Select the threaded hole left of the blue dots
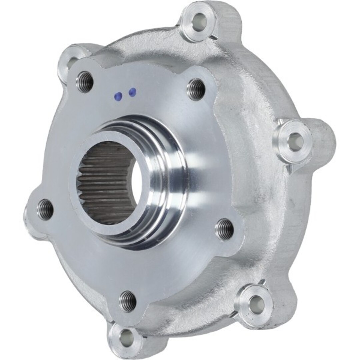[85, 82]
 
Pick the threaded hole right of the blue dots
[196, 89]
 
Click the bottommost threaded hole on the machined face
[128, 301]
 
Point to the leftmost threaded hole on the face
[45, 209]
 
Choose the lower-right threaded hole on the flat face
[225, 229]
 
